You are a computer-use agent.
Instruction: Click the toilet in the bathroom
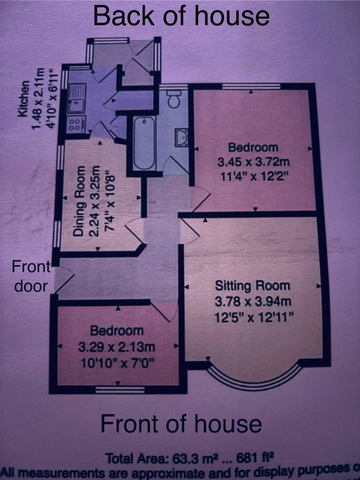click(174, 98)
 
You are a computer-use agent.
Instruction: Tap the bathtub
click(144, 143)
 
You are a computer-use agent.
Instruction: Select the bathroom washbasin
click(181, 138)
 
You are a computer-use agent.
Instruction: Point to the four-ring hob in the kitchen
click(76, 124)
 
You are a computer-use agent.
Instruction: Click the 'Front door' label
click(31, 277)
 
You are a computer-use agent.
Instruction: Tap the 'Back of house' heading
click(181, 16)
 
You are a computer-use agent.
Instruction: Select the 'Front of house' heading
click(181, 424)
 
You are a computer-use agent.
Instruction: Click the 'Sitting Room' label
click(252, 286)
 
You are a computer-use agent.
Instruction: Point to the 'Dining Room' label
click(79, 201)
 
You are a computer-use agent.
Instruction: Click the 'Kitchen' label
click(24, 99)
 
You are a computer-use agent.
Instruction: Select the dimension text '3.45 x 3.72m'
click(253, 162)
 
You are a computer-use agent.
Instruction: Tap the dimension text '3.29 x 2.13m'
click(117, 347)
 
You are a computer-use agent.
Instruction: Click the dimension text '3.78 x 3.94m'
click(253, 302)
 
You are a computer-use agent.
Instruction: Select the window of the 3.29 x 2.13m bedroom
click(120, 390)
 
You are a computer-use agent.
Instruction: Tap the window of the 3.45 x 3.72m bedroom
click(251, 86)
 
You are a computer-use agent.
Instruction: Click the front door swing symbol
click(63, 280)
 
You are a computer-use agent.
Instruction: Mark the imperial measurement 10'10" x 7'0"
click(117, 363)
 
